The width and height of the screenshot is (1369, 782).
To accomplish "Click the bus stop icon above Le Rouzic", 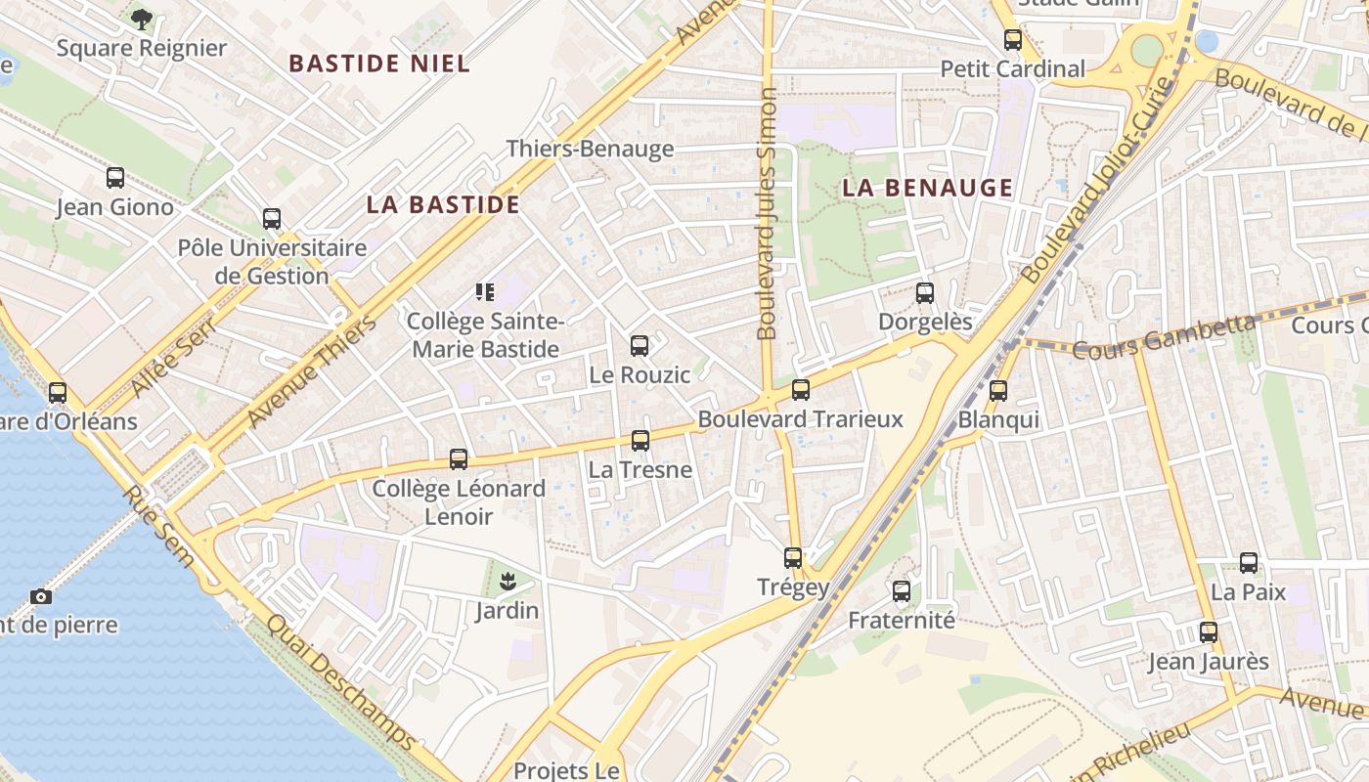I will tap(640, 345).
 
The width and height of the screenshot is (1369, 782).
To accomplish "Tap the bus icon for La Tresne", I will tap(640, 440).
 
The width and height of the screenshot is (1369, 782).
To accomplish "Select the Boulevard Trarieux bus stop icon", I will tap(801, 390).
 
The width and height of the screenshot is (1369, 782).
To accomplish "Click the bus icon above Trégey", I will tap(793, 558).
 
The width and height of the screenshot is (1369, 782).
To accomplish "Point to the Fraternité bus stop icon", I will tap(902, 591).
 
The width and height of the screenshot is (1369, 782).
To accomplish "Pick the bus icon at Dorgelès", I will tap(925, 292).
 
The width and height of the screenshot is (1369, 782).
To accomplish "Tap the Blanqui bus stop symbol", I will tap(998, 391).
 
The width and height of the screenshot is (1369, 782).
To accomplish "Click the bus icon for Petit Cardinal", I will tap(1013, 40).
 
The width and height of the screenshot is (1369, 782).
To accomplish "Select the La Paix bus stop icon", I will tap(1249, 563).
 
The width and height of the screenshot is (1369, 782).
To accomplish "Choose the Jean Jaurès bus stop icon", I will tap(1209, 632).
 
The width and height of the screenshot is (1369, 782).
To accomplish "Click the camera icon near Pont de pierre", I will tap(41, 596).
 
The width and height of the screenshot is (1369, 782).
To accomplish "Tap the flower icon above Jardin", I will tap(507, 583).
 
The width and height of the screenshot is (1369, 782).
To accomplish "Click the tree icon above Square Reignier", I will tap(142, 19).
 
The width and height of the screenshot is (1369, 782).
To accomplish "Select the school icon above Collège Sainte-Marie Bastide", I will tap(485, 291).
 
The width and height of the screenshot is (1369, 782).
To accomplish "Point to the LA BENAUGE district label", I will tap(927, 189).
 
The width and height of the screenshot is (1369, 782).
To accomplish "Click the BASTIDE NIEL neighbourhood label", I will tap(379, 65).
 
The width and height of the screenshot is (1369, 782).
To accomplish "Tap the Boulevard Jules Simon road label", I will tap(768, 214).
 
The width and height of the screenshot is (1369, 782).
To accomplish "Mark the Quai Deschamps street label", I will tap(341, 682).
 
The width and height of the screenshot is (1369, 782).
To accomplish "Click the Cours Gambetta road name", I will tap(1164, 337).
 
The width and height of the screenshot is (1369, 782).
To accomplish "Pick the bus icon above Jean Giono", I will tap(115, 178).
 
